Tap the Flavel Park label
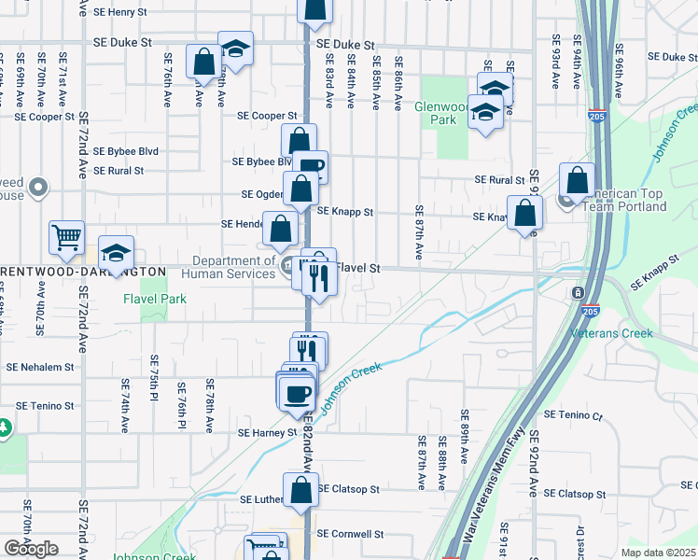point(155,299)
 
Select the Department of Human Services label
point(234,267)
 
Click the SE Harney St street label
point(267,433)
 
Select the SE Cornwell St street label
point(350,534)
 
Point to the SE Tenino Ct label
point(580,414)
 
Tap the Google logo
point(31,549)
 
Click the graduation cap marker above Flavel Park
point(117,253)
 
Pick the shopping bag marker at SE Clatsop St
point(300,490)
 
